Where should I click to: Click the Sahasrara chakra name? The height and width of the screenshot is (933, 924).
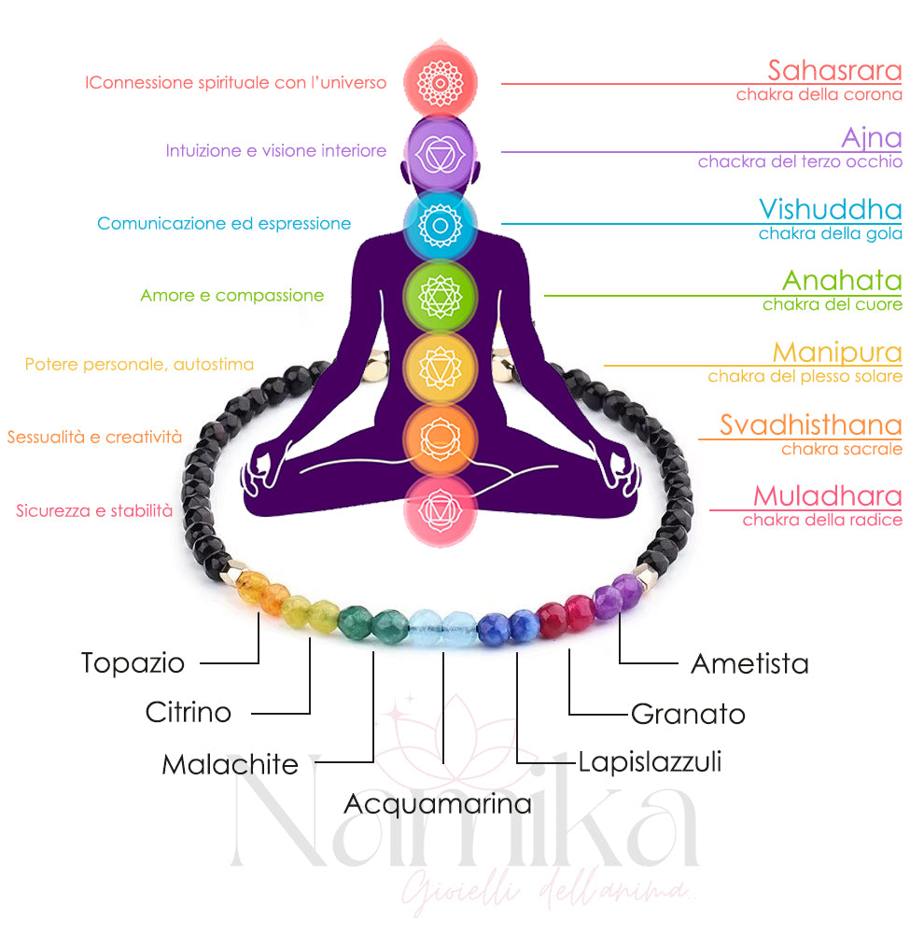point(834,70)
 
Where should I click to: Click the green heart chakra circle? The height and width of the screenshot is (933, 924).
point(440,296)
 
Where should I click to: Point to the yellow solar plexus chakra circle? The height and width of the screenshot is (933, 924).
point(440,368)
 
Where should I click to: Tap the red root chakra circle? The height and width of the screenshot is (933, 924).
point(440,509)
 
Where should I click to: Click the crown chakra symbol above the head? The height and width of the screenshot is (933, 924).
point(440,81)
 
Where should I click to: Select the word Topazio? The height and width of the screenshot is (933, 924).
point(133,663)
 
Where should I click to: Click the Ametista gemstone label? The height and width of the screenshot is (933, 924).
point(749,664)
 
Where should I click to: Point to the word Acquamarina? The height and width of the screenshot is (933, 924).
point(438,803)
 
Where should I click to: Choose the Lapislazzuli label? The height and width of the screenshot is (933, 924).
point(650,762)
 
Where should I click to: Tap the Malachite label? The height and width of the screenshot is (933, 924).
point(230,765)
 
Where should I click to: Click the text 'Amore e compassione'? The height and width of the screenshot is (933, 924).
point(232,296)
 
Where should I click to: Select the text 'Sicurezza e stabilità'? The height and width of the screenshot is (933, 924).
point(94,511)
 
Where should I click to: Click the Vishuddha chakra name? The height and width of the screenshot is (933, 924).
point(830,209)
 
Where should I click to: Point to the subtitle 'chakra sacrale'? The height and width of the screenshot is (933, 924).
point(841,449)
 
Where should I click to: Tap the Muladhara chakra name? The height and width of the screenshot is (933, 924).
point(827,495)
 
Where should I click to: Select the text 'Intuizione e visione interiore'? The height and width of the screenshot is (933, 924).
point(275,151)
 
